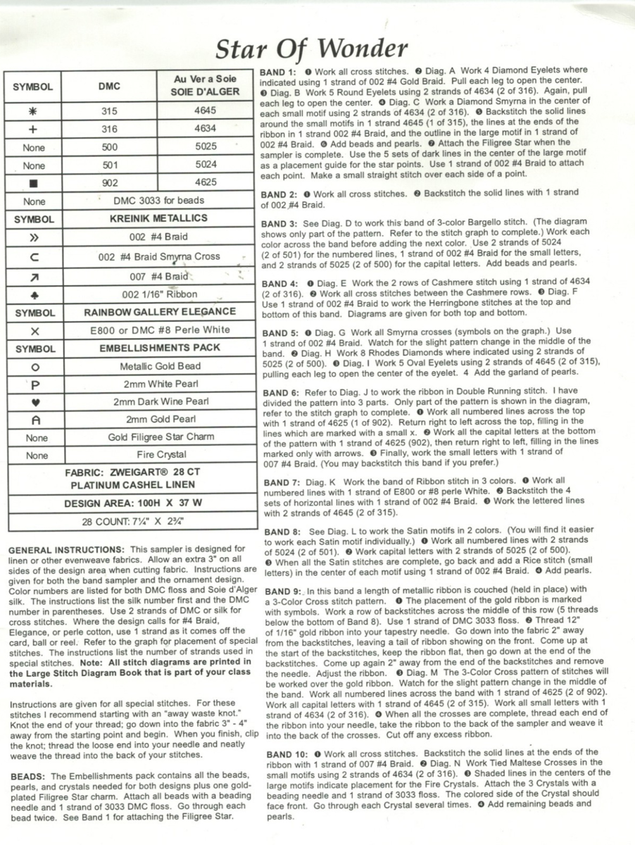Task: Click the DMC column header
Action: click(109, 87)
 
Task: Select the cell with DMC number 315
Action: click(109, 111)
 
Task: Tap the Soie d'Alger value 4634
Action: click(205, 129)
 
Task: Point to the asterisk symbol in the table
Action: click(33, 111)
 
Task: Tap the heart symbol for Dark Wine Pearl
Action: click(33, 402)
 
